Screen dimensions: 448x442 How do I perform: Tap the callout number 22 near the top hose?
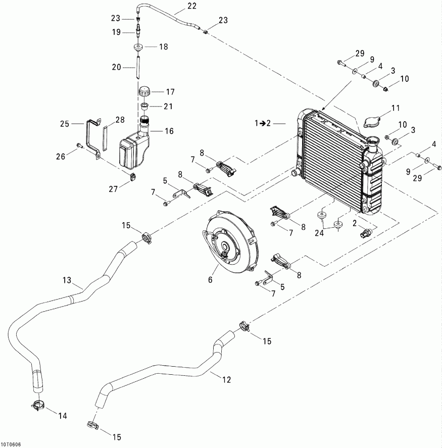[178, 7]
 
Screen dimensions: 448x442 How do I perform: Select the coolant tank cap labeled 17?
[144, 92]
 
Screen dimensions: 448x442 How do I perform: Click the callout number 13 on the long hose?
[67, 280]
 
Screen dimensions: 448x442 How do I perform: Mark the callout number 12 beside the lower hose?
[213, 378]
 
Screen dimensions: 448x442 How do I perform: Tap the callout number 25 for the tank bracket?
[64, 123]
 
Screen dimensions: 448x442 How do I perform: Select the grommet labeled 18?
[137, 48]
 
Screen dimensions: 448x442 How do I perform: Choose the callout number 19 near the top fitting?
[116, 32]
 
